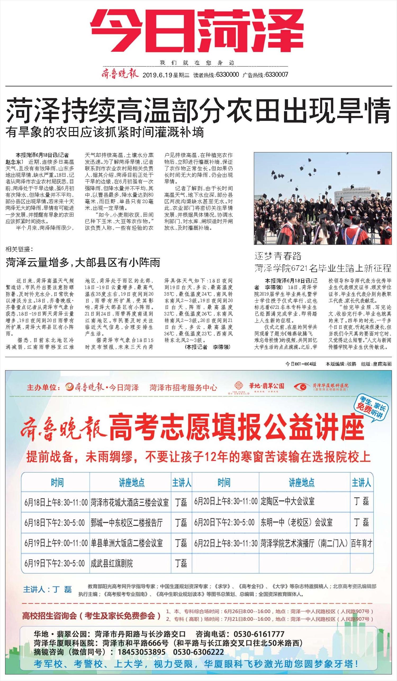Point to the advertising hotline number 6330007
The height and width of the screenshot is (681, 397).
point(277,75)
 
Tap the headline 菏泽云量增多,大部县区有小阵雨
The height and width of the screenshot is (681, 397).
point(83,262)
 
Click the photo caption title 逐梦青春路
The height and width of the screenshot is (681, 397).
point(278,256)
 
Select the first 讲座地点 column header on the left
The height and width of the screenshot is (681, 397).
point(132,483)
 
